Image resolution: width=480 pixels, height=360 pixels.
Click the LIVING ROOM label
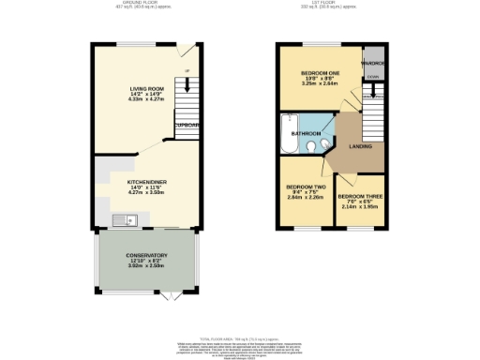(x=145, y=89)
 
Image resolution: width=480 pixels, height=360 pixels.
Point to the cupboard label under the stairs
(x=187, y=123)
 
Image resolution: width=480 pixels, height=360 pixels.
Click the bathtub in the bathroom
(x=286, y=132)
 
